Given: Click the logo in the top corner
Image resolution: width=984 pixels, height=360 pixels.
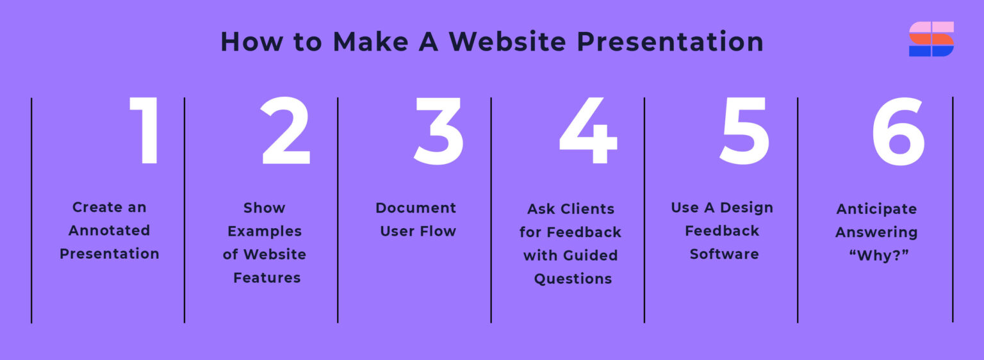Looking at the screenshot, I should (931, 39).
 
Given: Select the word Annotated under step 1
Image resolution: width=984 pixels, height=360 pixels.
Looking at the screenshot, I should (110, 231).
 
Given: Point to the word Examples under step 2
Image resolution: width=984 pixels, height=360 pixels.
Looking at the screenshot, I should (265, 231).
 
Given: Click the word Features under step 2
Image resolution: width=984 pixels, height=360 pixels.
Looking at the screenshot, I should (266, 278).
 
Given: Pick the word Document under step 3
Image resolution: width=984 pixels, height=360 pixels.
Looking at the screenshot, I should (416, 208).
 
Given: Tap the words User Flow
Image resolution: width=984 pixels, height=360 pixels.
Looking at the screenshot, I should (418, 231).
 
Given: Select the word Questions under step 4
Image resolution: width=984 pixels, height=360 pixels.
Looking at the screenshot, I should (573, 279).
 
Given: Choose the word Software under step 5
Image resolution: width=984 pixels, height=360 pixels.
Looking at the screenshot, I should (724, 254).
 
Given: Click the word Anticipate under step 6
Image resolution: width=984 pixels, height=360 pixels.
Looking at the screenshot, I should (876, 209).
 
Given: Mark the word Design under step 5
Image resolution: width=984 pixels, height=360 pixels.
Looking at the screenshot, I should (746, 208).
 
